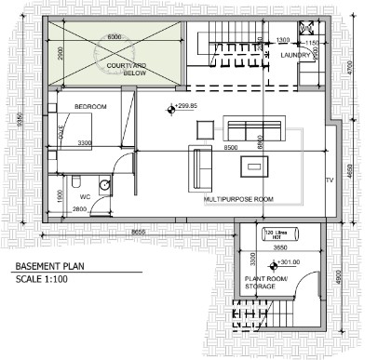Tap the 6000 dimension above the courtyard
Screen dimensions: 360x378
115,36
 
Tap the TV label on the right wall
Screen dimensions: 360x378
329,180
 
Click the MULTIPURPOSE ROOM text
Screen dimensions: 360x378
238,199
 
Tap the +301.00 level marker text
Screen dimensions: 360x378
266,261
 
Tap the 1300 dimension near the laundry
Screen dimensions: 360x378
284,39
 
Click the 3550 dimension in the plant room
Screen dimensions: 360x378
278,248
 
